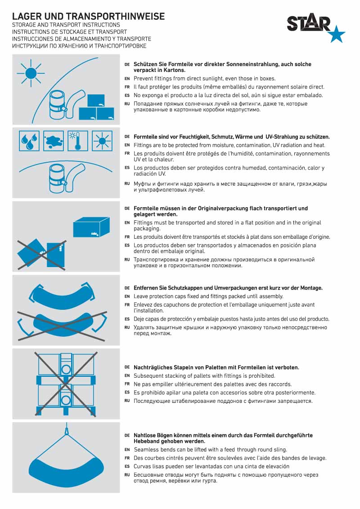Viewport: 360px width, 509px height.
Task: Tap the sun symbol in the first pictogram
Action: [x=31, y=73]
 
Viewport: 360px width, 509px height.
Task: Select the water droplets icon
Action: [x=29, y=141]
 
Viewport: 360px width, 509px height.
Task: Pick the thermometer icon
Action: [x=78, y=141]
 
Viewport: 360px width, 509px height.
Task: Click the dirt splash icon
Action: [x=53, y=141]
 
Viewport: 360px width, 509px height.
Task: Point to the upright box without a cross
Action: [x=91, y=227]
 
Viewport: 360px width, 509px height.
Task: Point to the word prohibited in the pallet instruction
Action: [x=262, y=376]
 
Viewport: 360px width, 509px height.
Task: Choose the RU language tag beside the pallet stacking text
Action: [x=127, y=401]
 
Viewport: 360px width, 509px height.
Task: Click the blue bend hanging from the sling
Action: [x=66, y=471]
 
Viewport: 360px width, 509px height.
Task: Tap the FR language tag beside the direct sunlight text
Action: [x=127, y=87]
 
